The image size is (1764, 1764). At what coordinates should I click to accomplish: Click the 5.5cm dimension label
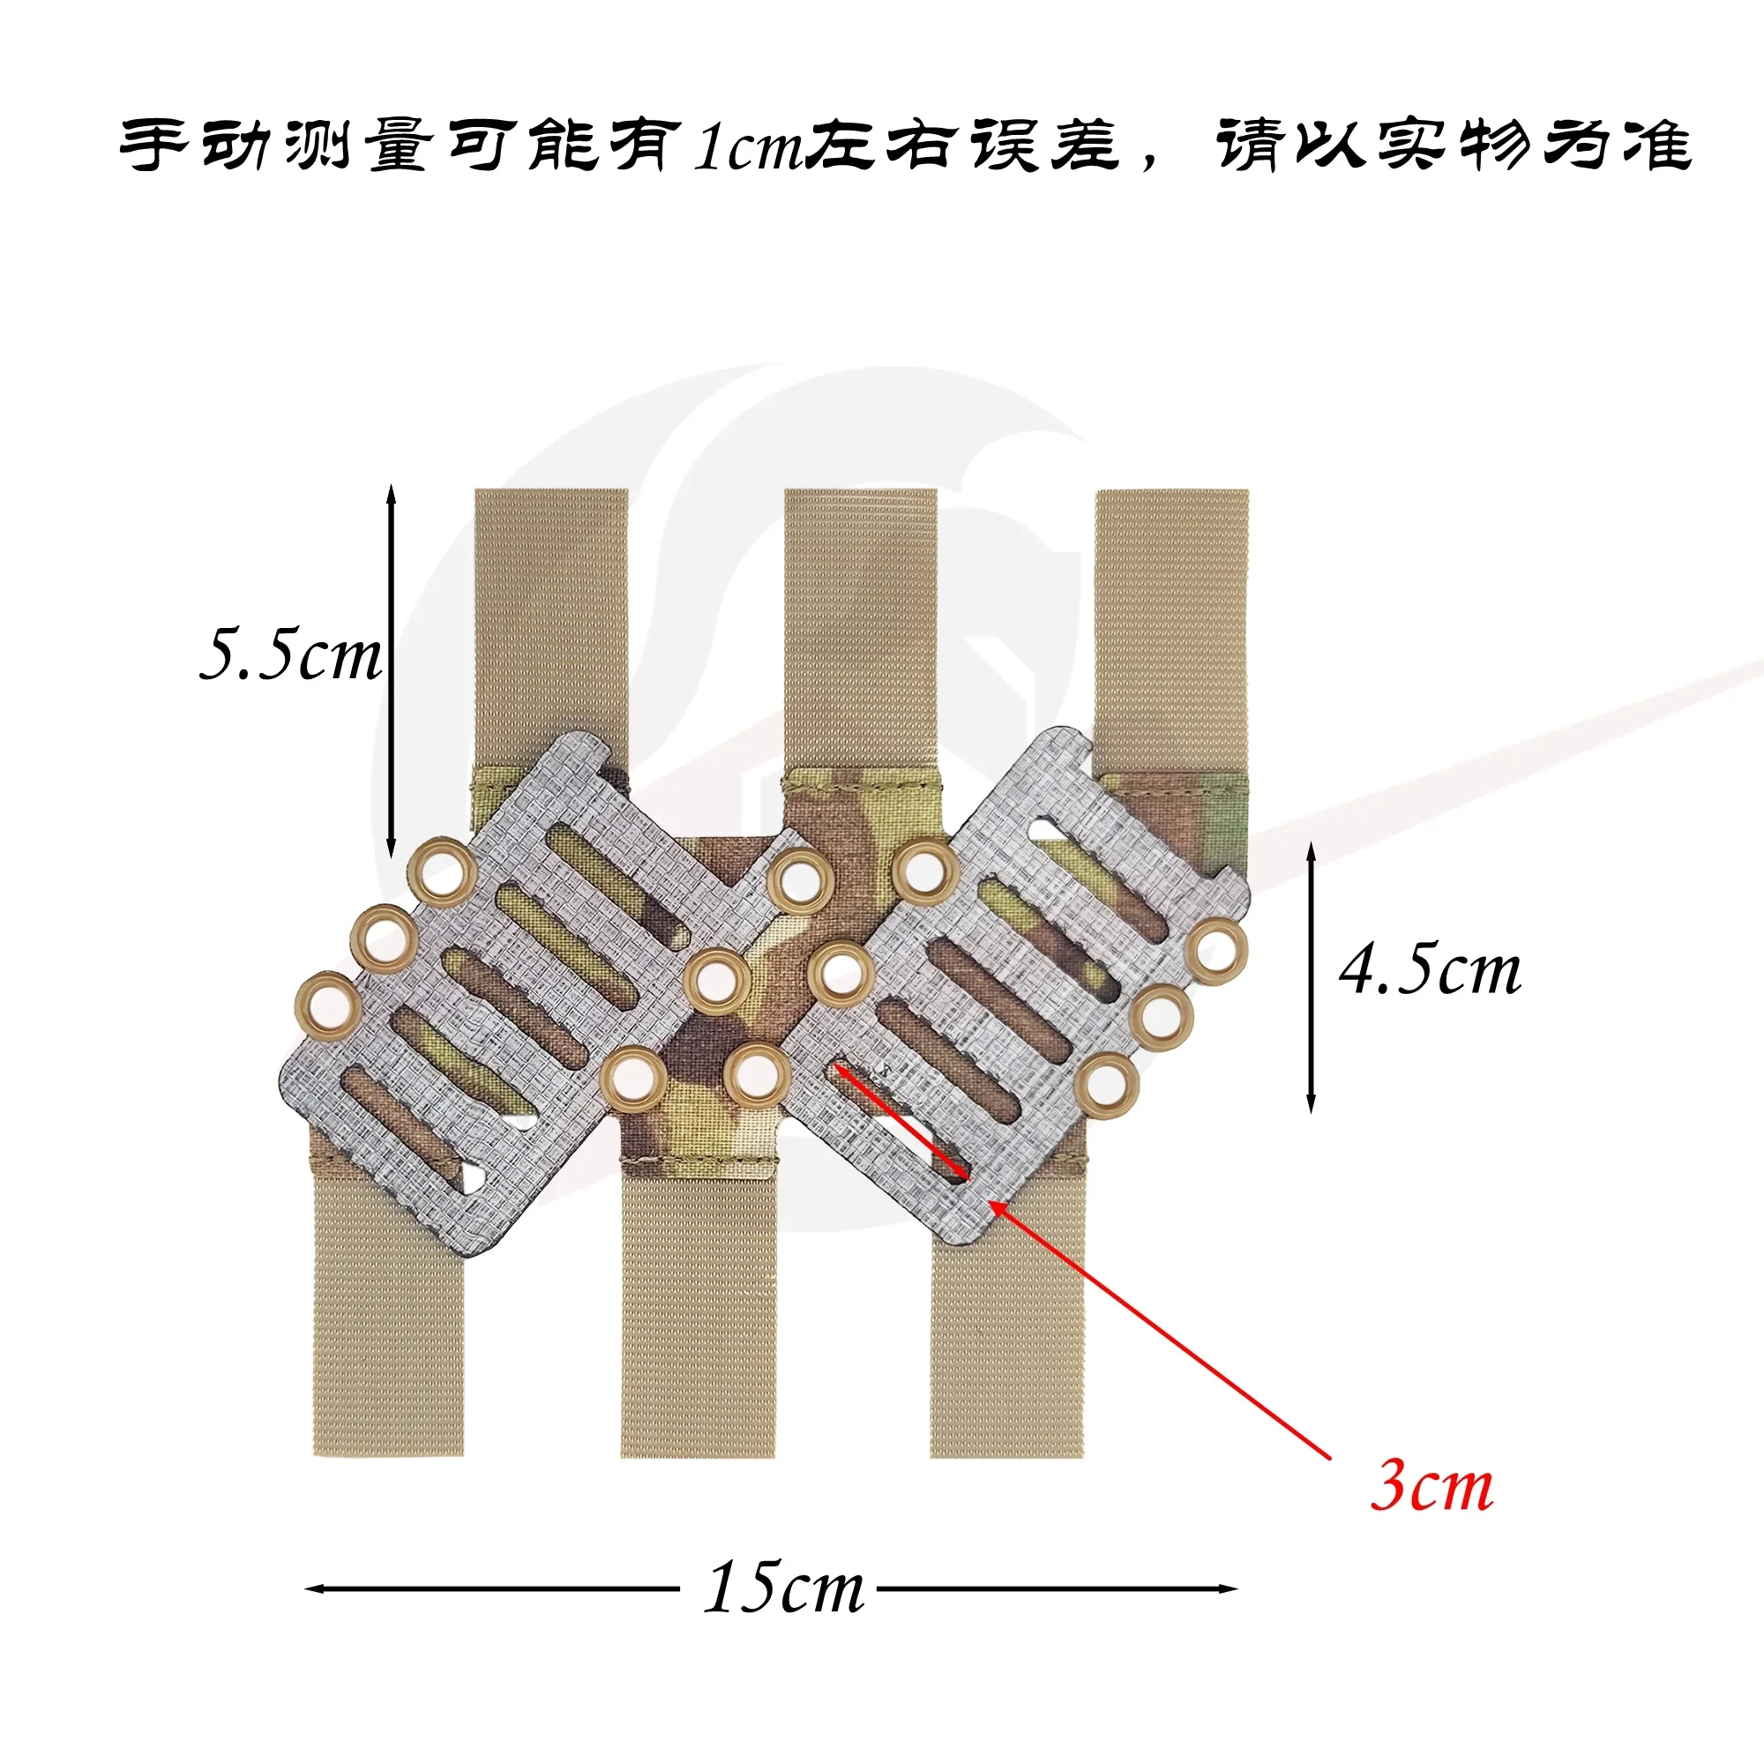point(290,654)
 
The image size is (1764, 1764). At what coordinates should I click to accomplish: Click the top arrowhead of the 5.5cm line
point(391,496)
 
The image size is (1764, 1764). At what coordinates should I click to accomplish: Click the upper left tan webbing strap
point(550,626)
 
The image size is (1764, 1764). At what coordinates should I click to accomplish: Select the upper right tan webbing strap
point(1171,630)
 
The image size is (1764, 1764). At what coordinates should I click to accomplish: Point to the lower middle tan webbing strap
point(699,1315)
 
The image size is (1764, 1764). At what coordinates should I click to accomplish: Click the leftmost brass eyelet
point(326,1006)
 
